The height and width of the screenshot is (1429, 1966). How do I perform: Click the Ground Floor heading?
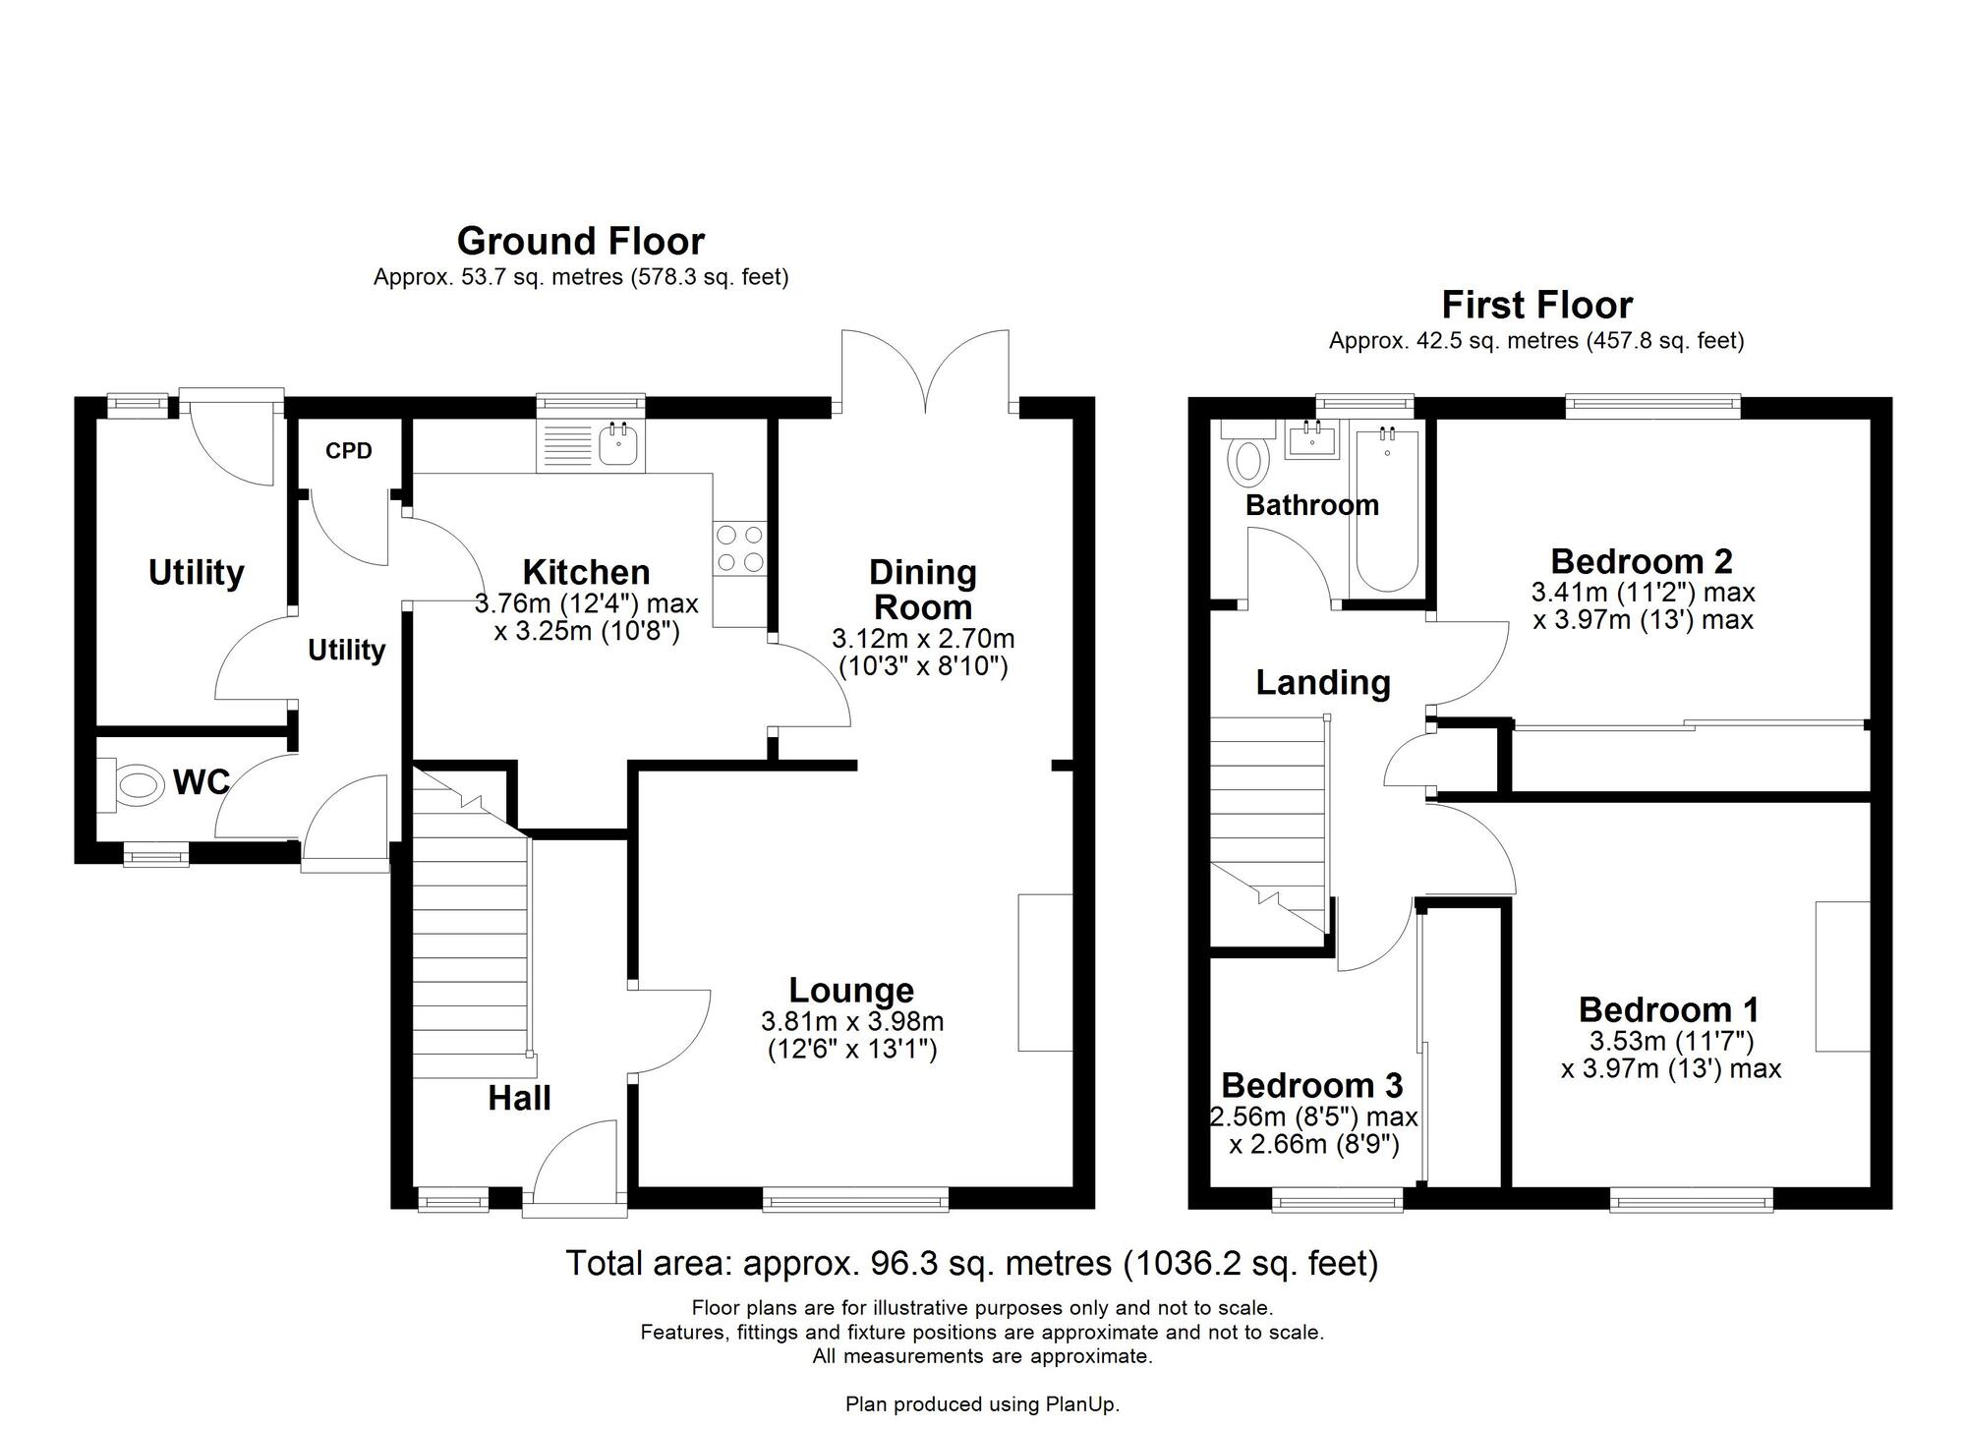pos(580,241)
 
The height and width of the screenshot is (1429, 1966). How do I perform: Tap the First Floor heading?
pos(1536,305)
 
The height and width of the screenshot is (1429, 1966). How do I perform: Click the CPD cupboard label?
pos(349,451)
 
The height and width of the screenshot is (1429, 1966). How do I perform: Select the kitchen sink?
pos(619,445)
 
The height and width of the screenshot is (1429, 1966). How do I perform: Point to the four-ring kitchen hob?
pos(739,548)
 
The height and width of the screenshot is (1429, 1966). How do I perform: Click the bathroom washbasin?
pos(1311,440)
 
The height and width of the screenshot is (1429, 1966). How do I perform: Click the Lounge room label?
pos(851,990)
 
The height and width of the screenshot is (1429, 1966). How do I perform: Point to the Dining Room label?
pos(922,590)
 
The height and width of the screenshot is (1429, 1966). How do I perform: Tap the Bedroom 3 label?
pos(1311,1085)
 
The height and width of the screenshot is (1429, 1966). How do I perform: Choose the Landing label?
pos(1322,682)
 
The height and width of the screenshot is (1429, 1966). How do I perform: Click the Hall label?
pos(519,1098)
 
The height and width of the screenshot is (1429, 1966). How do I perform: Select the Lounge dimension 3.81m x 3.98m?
pos(851,1021)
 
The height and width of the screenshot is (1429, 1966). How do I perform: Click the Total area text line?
pos(971,1263)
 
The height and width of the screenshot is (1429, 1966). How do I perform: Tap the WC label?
pos(201,782)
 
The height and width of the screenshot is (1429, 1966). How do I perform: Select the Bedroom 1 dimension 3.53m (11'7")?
pos(1671,1041)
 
